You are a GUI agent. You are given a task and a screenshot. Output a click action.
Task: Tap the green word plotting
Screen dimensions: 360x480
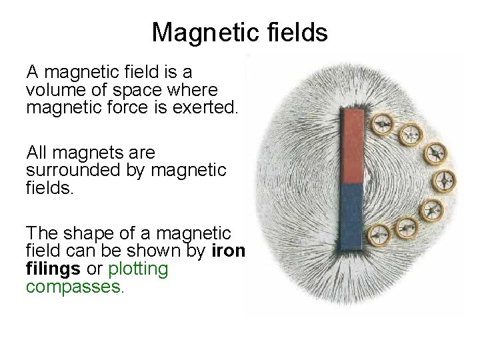point(138,269)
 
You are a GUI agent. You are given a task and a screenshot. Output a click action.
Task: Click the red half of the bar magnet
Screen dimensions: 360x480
point(352,146)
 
